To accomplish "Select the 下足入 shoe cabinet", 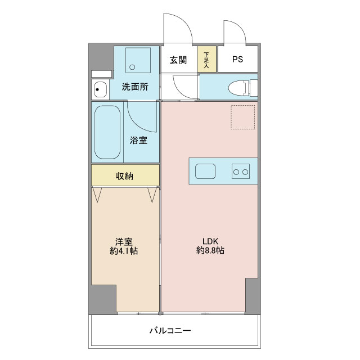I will pyautogui.click(x=207, y=59).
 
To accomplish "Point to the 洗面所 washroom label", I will pyautogui.click(x=136, y=87).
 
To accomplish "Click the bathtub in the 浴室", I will pyautogui.click(x=107, y=132).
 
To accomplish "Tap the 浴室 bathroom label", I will pyautogui.click(x=138, y=141).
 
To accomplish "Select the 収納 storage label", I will pyautogui.click(x=124, y=176).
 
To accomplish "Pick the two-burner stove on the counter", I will pyautogui.click(x=241, y=171).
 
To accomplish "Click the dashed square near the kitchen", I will pyautogui.click(x=243, y=116).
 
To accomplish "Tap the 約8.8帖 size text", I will pyautogui.click(x=210, y=251).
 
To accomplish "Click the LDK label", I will pyautogui.click(x=210, y=240).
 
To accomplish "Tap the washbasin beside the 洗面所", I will pyautogui.click(x=100, y=89).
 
